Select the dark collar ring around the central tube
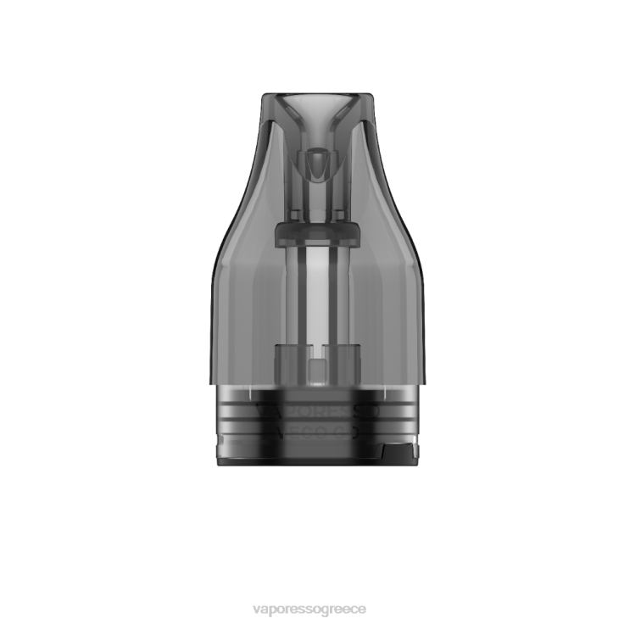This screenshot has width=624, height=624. tap(315, 231)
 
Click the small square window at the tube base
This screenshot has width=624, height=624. tap(315, 368)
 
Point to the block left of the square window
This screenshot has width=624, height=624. tap(292, 359)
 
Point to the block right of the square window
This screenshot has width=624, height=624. tap(337, 359)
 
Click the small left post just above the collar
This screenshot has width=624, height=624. tap(297, 215)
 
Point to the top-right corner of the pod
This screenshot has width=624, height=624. tap(371, 97)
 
